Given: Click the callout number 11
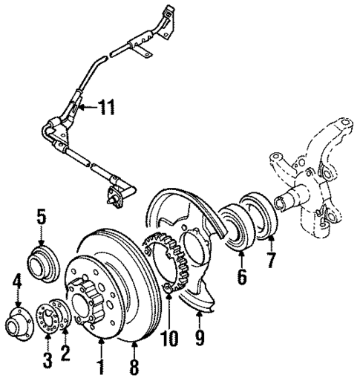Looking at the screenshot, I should pyautogui.click(x=106, y=109).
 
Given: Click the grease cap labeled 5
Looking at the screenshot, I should pyautogui.click(x=40, y=264).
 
